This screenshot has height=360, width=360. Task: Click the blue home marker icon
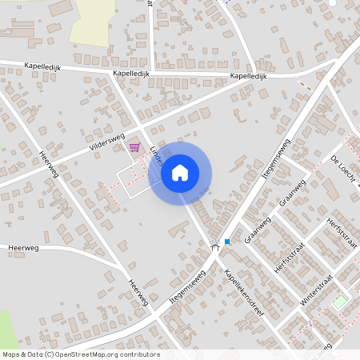point(180,173)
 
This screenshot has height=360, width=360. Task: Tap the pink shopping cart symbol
point(134,146)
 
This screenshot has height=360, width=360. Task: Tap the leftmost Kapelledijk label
point(42,66)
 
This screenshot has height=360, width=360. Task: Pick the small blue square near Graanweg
point(227,242)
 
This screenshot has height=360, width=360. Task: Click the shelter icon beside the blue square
point(214,247)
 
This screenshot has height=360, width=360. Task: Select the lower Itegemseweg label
point(189,286)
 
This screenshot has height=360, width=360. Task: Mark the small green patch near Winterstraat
point(341,302)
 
